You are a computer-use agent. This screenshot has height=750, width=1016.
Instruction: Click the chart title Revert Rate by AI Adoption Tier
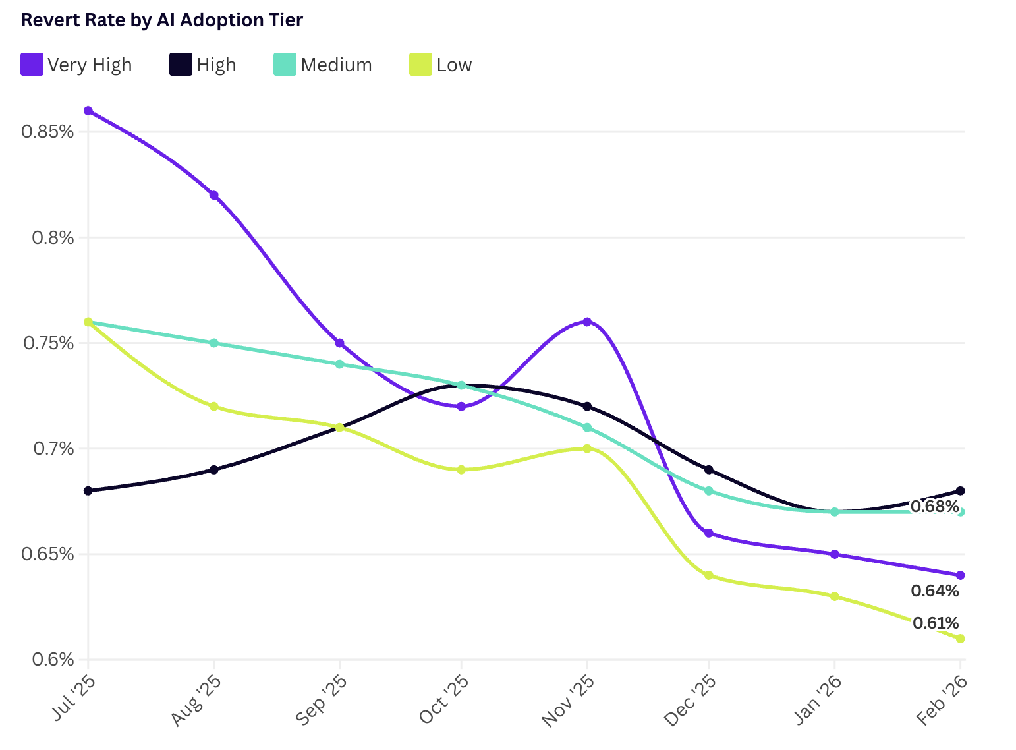[x=162, y=20]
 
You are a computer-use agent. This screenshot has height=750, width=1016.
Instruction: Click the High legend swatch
[x=181, y=65]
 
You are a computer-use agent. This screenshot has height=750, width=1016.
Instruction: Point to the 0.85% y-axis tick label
[x=47, y=132]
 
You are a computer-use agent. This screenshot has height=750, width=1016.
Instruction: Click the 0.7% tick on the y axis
[x=53, y=449]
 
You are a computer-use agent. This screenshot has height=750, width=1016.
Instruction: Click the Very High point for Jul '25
[x=88, y=111]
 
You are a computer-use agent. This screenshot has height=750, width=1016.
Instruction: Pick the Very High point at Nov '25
[x=587, y=322]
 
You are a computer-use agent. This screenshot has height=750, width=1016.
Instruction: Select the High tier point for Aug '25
[x=214, y=470]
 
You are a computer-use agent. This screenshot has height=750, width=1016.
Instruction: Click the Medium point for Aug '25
[x=214, y=343]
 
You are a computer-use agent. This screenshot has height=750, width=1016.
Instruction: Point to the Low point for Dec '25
[x=709, y=575]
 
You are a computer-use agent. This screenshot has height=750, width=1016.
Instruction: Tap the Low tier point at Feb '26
[x=960, y=639]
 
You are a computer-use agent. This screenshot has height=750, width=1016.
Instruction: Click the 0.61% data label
[x=935, y=623]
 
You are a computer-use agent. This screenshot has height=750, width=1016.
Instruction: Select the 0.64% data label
[x=934, y=591]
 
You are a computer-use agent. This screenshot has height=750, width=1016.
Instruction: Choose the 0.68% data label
[x=934, y=507]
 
